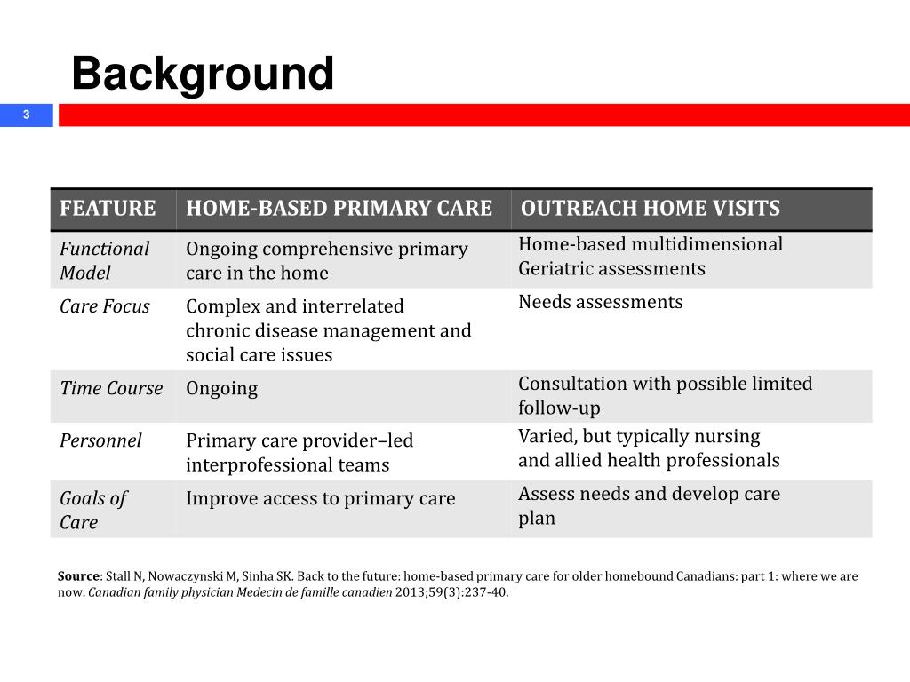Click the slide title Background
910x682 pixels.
(x=203, y=73)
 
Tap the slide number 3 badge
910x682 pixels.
(x=27, y=115)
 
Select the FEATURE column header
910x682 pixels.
(x=108, y=209)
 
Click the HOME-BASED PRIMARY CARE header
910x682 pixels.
(x=339, y=209)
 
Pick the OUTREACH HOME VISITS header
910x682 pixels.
(x=650, y=209)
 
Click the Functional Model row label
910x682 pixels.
(x=104, y=260)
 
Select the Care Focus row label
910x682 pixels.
(x=105, y=306)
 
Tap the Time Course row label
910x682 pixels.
(x=111, y=388)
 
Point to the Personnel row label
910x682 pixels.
(x=100, y=440)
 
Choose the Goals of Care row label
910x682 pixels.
(x=92, y=510)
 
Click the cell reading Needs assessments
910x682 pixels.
(x=601, y=302)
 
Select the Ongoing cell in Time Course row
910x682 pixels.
(x=221, y=388)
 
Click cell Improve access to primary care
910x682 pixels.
(x=320, y=498)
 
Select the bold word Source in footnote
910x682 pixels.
(x=78, y=575)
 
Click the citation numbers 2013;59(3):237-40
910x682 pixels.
(x=451, y=592)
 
